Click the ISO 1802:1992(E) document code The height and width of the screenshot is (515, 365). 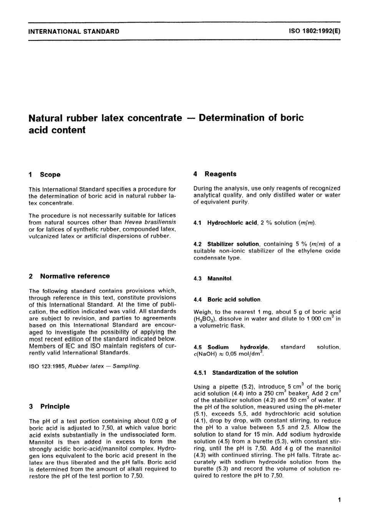(314, 31)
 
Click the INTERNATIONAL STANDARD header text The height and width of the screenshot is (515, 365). (74, 31)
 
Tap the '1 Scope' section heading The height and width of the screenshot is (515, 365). (45, 174)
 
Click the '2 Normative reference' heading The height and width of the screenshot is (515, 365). (69, 276)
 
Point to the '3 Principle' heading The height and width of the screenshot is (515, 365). (49, 406)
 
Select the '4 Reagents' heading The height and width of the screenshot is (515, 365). (215, 174)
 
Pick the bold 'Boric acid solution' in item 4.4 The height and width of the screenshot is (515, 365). (234, 300)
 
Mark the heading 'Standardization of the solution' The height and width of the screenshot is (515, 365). (255, 373)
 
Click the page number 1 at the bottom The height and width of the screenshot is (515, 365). (339, 500)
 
